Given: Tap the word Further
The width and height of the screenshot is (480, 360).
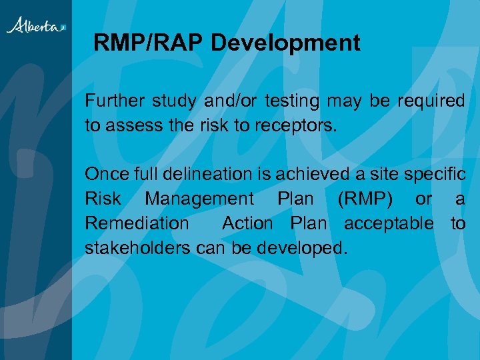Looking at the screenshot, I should point(113,101).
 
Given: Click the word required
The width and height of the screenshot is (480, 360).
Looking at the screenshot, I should point(431,101).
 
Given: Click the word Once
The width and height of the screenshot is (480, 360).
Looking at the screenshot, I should point(106,175).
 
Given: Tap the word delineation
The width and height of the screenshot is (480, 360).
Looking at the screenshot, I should point(210,175).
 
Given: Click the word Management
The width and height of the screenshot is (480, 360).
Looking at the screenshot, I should point(199,199).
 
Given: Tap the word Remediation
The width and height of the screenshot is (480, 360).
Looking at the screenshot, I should point(137,223).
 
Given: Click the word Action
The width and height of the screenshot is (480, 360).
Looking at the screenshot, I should point(247,223).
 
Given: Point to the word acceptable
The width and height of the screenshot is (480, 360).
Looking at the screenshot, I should point(388,223).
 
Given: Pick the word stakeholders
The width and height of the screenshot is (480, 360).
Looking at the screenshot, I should point(138,248).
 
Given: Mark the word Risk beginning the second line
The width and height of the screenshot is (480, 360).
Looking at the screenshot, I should point(103,199).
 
